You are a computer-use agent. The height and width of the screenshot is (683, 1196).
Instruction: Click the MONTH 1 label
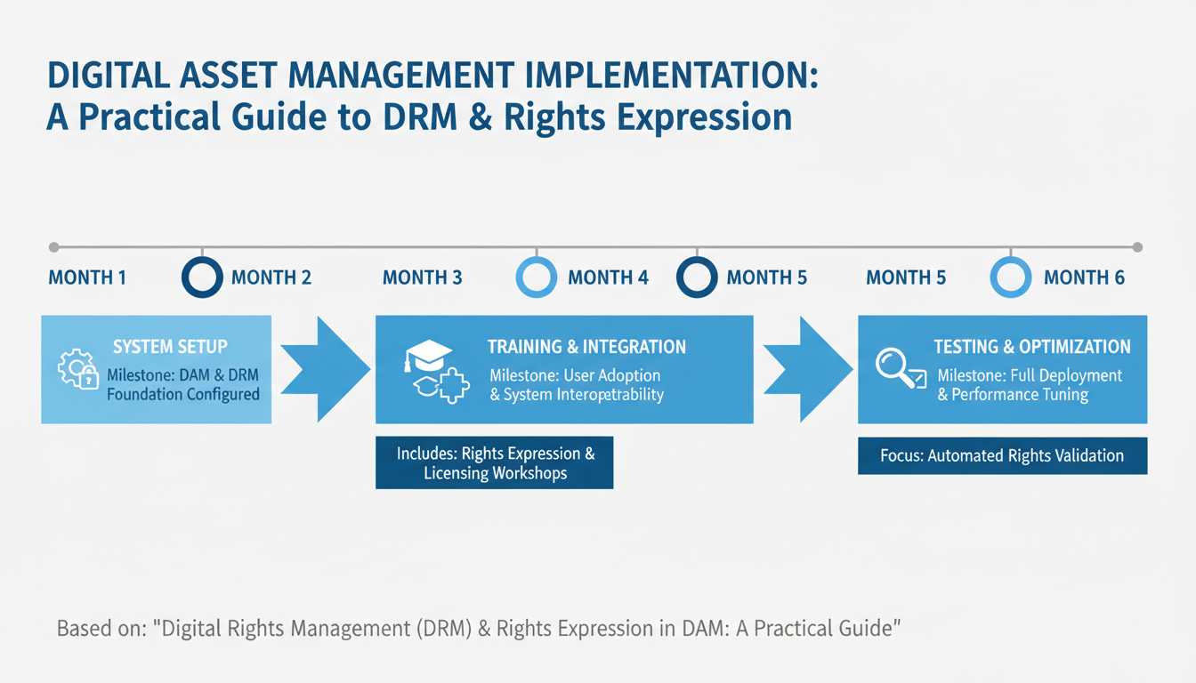coord(87,277)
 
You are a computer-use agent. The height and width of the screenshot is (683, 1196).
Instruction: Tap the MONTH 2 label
coord(271,277)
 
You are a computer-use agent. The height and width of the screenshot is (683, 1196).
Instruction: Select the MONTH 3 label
coord(422,277)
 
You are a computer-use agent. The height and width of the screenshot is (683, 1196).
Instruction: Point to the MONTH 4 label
coord(608,277)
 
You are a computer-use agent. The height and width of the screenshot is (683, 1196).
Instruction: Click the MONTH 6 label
coord(1084,277)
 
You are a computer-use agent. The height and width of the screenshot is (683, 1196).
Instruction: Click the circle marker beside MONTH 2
coord(202,277)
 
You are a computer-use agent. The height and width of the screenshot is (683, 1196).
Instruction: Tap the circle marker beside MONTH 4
coord(537,277)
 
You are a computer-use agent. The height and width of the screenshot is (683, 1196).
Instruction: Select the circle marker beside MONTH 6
coord(1010,277)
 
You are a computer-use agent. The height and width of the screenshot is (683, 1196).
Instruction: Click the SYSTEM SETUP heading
coord(170,347)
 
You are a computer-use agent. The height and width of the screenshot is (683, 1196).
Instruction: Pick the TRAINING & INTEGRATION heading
coord(586,347)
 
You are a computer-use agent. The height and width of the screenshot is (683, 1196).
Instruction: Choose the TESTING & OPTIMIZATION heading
coord(1031,347)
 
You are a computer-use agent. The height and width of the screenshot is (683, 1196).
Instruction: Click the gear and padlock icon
coord(77,370)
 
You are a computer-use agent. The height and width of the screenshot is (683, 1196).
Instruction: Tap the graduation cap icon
coord(427,357)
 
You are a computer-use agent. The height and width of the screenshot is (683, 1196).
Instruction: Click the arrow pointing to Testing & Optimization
coord(806,368)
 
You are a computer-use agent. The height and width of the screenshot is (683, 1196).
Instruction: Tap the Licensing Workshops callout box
coord(495,462)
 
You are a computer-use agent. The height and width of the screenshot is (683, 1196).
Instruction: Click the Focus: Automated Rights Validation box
coord(1002,455)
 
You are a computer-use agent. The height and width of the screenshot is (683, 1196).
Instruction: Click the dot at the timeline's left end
coord(53,246)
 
